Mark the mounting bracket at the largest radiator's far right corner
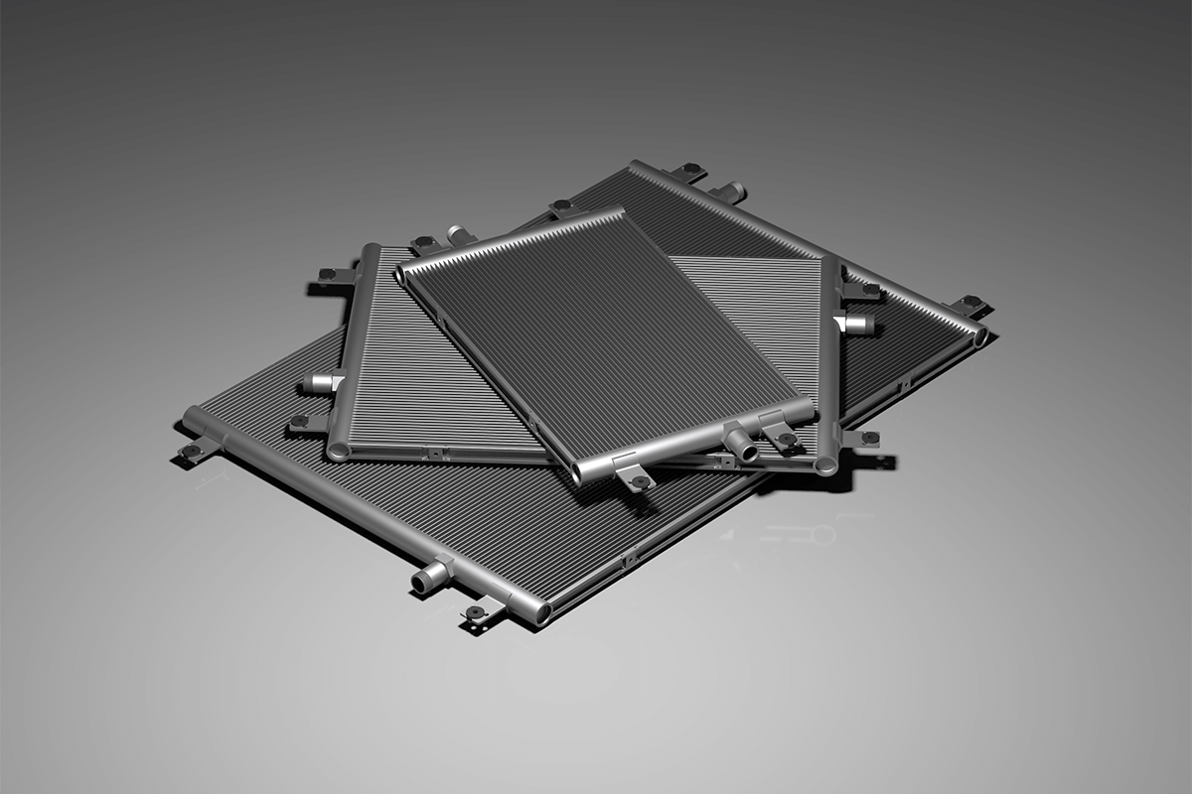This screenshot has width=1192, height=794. coord(968,303)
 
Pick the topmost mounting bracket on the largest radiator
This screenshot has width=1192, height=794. coord(691,171)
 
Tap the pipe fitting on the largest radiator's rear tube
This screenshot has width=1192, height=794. coord(730,191)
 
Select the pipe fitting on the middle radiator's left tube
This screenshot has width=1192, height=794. coord(320,383)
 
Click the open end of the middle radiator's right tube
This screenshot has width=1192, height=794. coord(825,465)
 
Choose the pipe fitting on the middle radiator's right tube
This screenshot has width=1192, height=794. coord(856,324)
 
